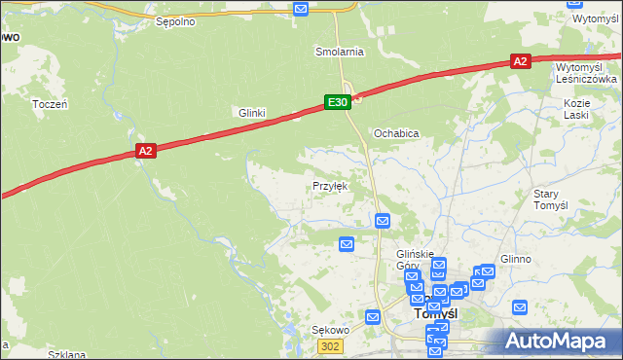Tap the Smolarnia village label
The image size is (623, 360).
coord(339,51)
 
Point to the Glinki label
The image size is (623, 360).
coord(252,113)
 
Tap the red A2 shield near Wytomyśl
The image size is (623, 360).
coord(520,61)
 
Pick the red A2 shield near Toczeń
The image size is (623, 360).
coord(145,151)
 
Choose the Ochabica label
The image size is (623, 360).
coord(396,132)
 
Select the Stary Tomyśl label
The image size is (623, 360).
coord(550,199)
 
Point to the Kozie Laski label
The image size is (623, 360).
coord(577,108)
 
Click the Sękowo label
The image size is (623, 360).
coord(330,330)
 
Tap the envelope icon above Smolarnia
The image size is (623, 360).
coord(301,9)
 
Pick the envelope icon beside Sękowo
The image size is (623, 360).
coord(372,316)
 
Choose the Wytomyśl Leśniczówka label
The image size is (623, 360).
coord(586,73)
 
